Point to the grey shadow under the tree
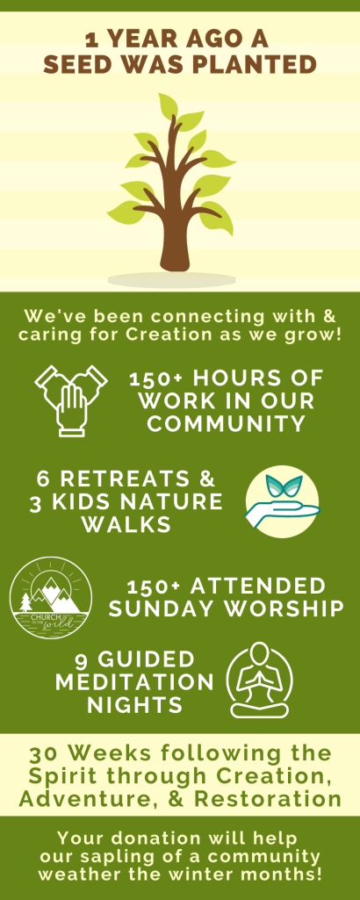(x=172, y=280)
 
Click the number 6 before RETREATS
(x=43, y=479)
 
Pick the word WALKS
(x=126, y=524)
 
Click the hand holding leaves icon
(x=282, y=501)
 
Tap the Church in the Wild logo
(x=51, y=596)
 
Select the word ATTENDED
(x=258, y=587)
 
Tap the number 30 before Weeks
(x=42, y=753)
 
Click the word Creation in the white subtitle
(x=166, y=334)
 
